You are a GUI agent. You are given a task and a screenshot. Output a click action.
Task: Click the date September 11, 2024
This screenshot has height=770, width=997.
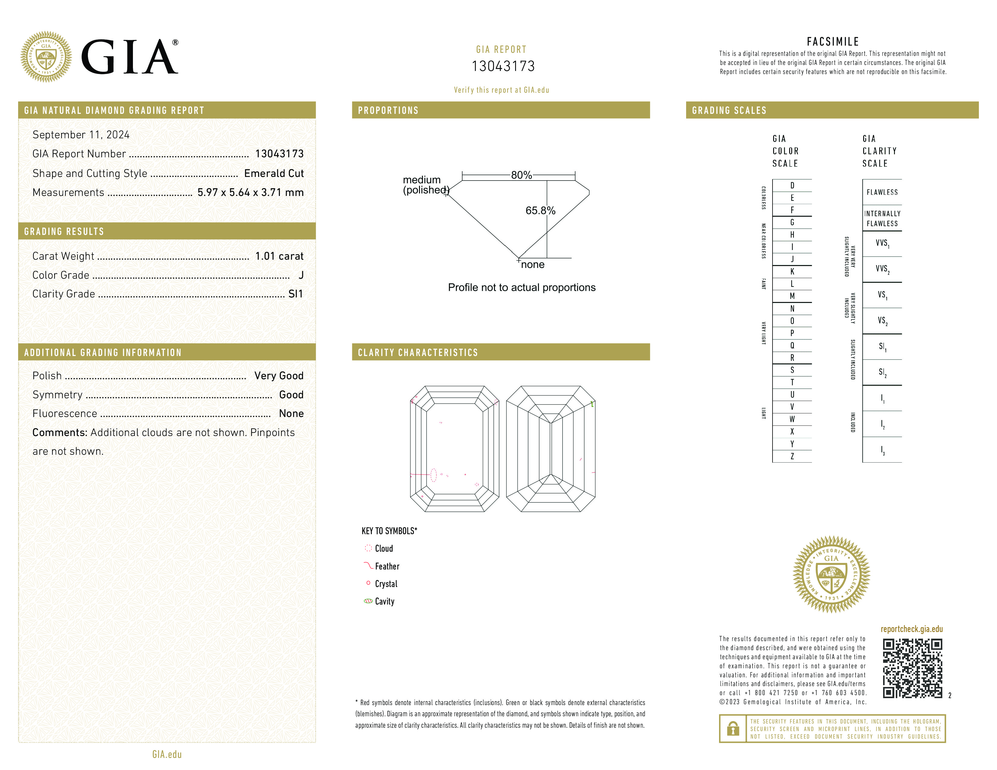81,135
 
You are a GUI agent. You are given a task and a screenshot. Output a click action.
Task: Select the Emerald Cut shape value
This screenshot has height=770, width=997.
274,173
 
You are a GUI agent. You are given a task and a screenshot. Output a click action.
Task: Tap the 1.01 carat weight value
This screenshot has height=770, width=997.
279,256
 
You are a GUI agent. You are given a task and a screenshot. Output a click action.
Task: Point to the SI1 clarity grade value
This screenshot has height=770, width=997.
295,294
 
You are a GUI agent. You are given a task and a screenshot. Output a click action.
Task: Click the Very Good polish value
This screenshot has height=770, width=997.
279,375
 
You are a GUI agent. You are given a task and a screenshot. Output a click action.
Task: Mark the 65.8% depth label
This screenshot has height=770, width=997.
540,210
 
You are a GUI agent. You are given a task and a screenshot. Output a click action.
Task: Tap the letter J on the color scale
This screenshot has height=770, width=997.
792,259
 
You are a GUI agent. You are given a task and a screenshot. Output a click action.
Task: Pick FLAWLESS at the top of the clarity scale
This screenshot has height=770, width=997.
882,192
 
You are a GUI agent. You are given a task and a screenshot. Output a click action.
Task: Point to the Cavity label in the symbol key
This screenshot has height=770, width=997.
384,601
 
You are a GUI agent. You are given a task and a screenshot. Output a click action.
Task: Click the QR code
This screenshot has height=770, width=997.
912,668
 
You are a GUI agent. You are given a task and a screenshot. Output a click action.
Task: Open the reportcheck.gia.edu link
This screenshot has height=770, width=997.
911,629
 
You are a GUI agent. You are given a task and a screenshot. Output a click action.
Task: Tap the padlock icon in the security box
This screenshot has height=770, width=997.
733,729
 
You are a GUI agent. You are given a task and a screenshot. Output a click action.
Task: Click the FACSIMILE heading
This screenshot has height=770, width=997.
833,41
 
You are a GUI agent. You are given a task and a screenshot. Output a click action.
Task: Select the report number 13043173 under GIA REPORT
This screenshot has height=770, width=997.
503,66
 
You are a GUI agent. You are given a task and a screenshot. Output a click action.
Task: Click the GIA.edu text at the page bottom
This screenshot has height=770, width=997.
167,754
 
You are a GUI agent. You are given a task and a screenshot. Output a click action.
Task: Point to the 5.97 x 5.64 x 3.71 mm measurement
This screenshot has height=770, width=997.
250,193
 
